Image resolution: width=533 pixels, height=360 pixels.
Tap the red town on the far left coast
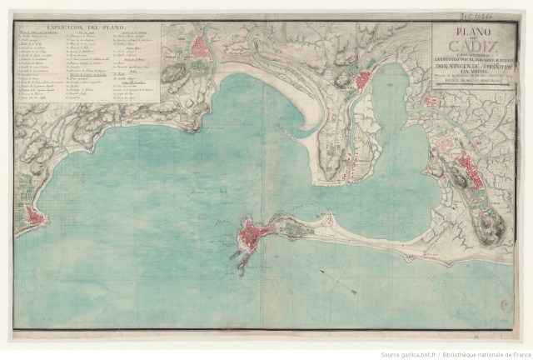33,217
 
